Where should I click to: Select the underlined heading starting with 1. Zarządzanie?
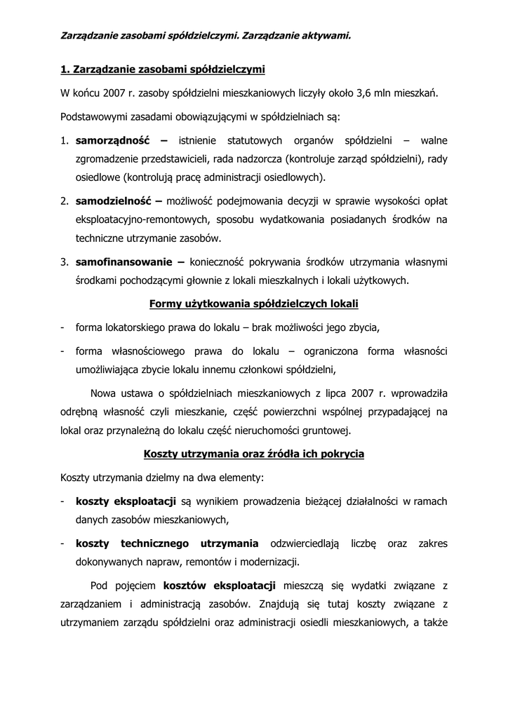162,69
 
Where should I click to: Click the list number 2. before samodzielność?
64,201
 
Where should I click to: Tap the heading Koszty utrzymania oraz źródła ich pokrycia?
254,454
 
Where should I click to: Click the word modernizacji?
270,562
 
